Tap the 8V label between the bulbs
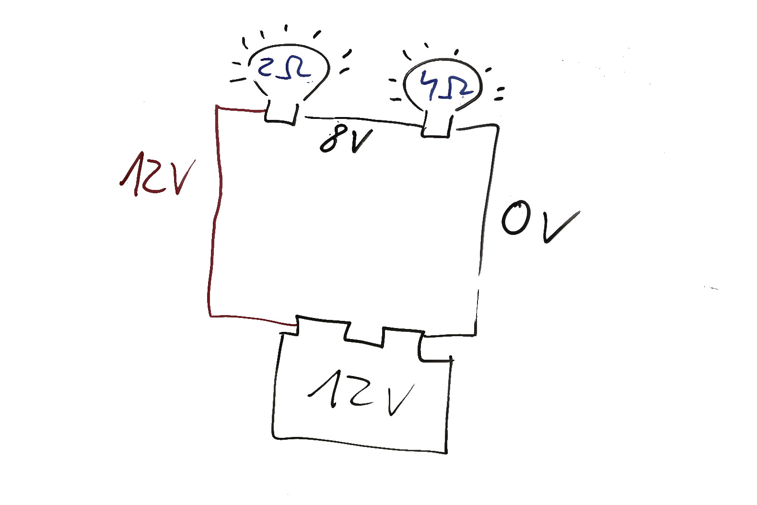click(345, 138)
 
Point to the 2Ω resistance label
click(284, 69)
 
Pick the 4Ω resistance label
click(445, 86)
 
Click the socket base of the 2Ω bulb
click(281, 113)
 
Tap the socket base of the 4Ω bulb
click(437, 126)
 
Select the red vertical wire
click(215, 211)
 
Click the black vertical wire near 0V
click(486, 216)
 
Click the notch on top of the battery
click(364, 333)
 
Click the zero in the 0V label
click(516, 219)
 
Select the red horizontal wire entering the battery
click(252, 319)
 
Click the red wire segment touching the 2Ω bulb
click(240, 109)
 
